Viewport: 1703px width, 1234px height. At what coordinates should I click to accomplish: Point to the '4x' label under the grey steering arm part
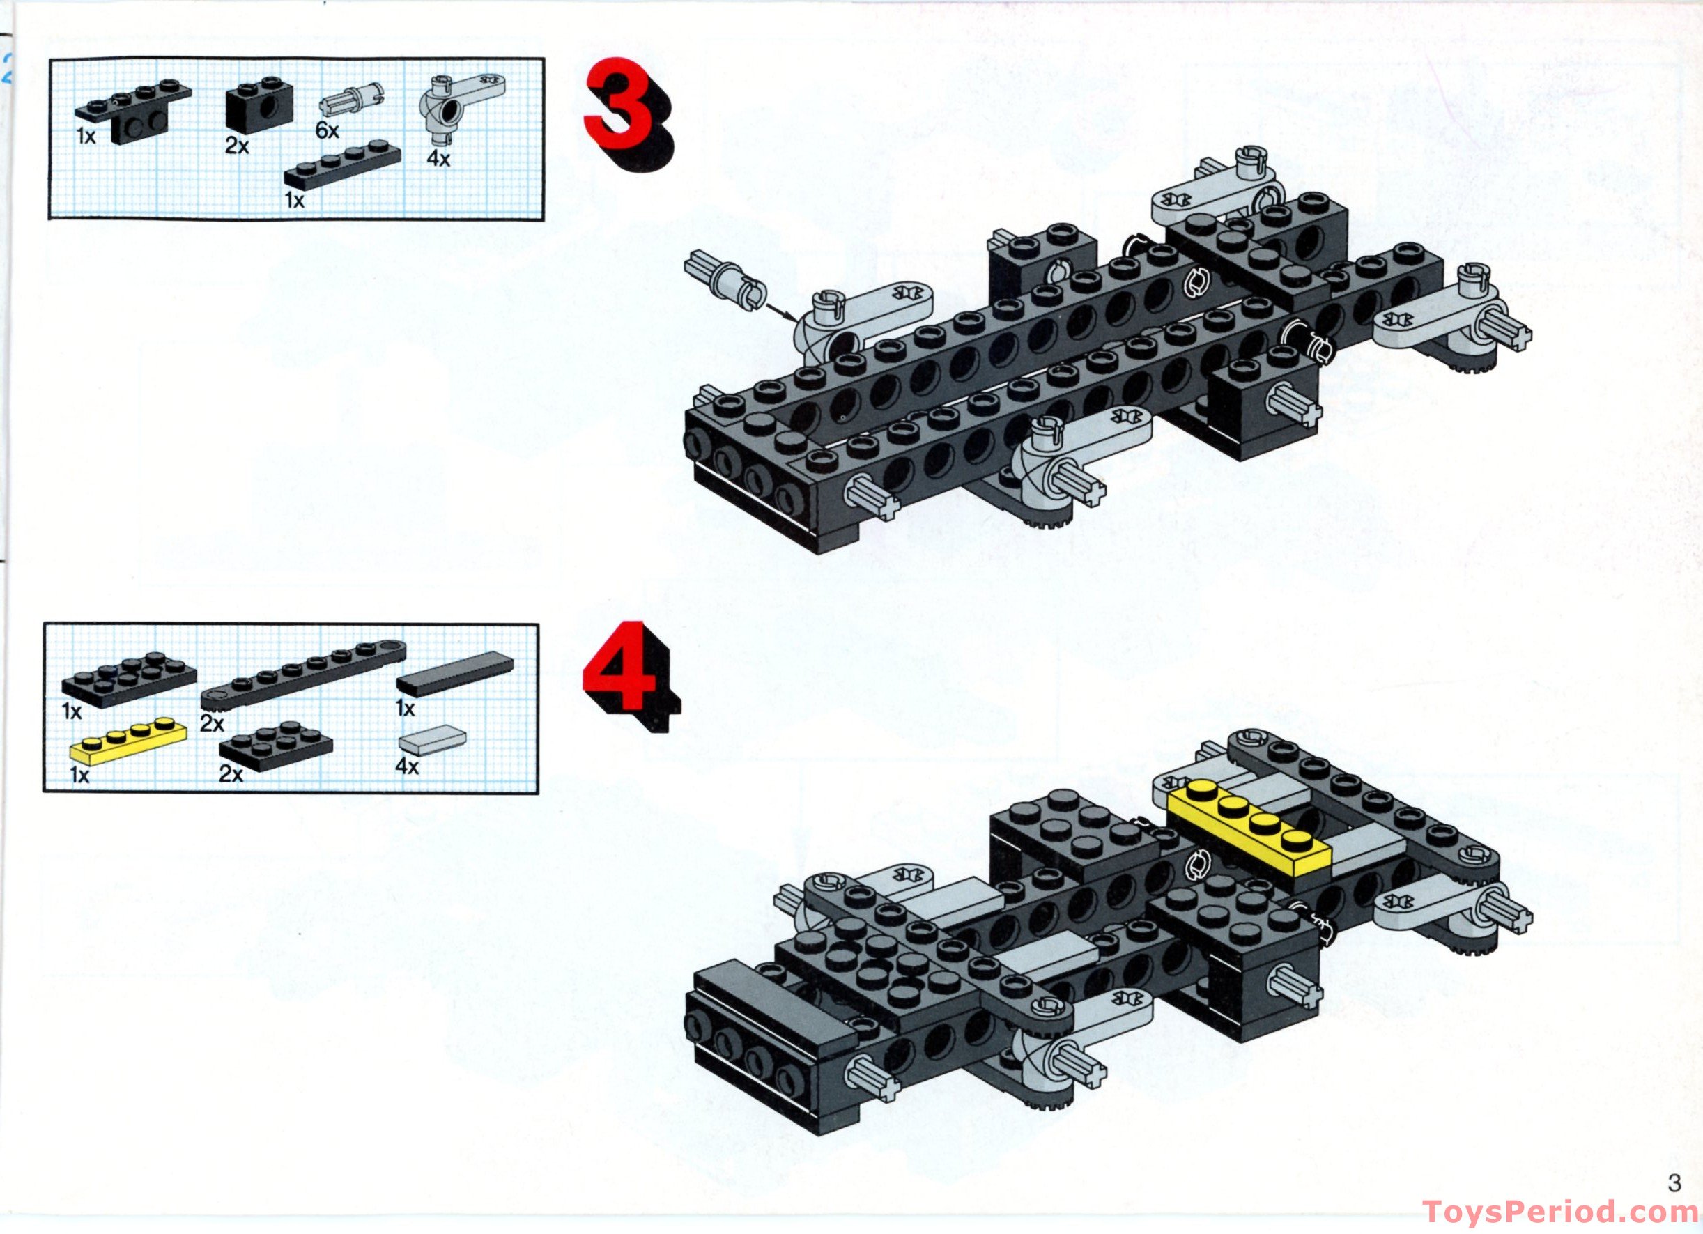438,160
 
